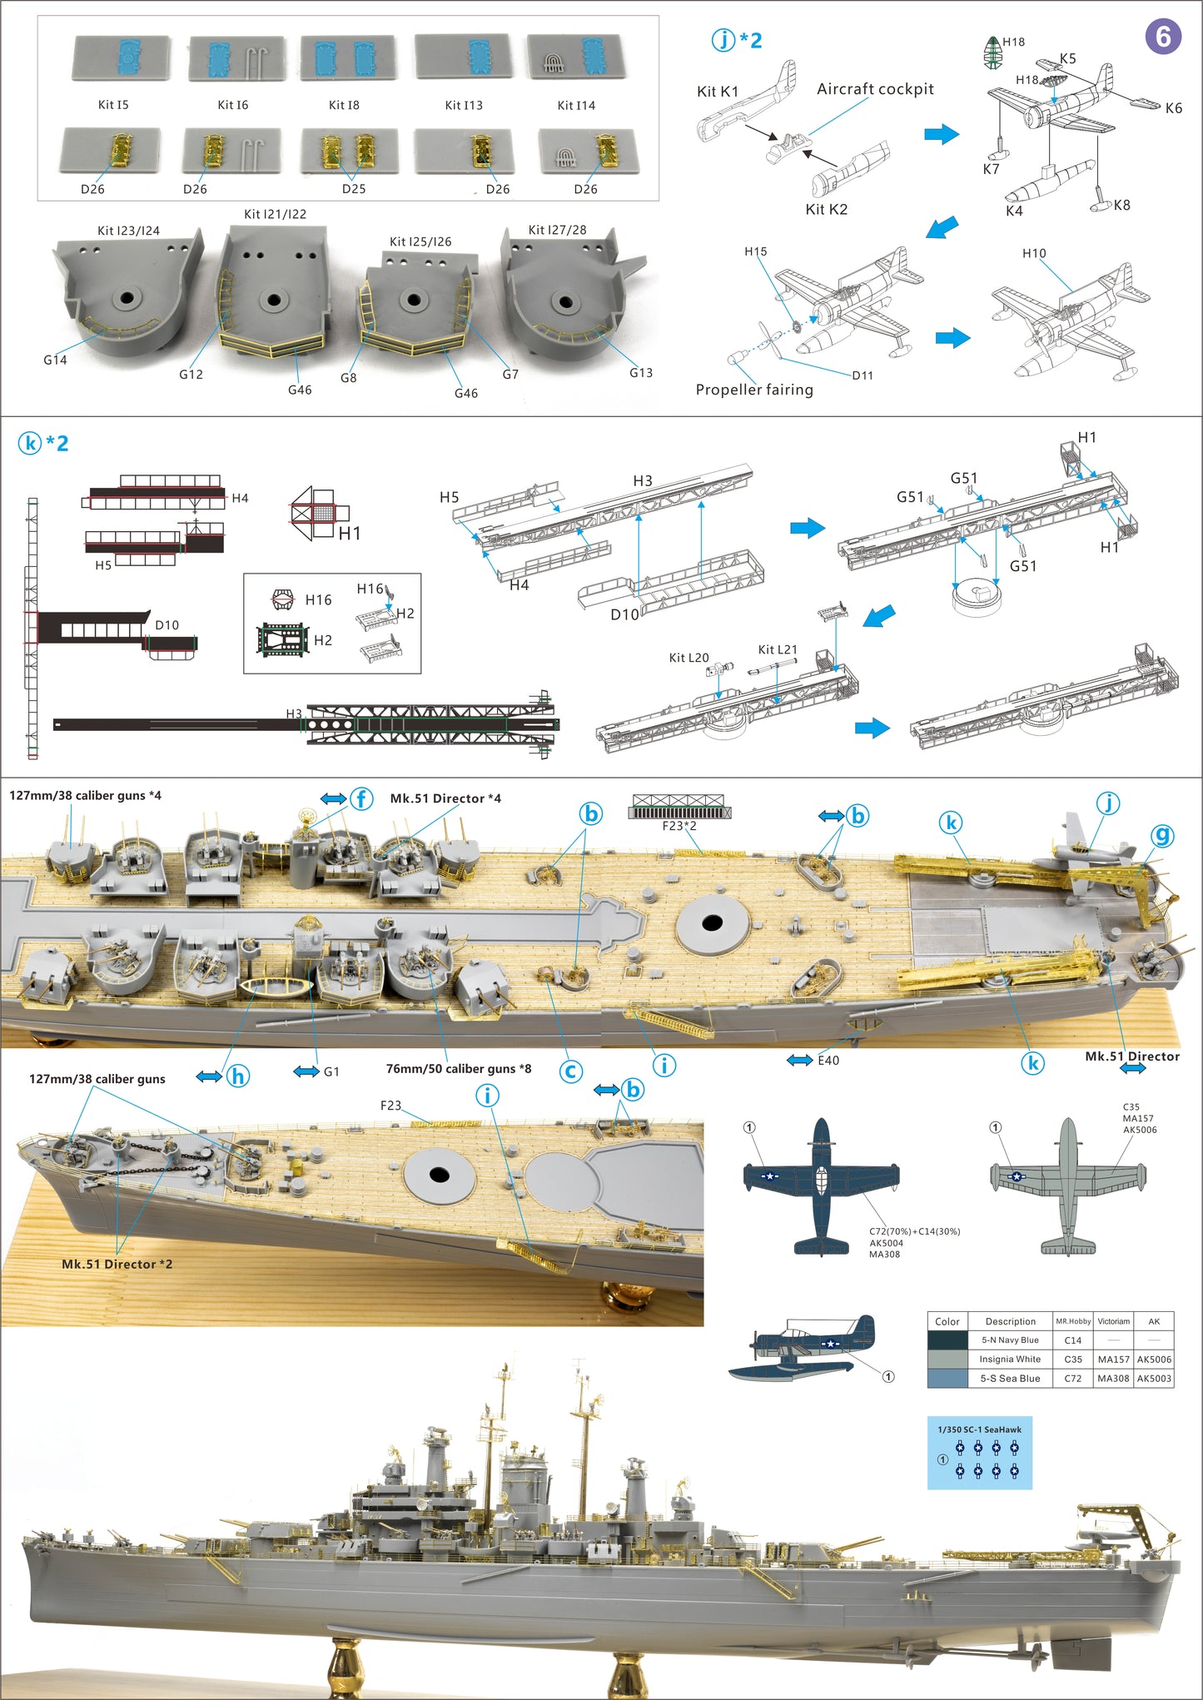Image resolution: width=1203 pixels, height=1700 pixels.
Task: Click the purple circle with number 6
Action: coord(1163,37)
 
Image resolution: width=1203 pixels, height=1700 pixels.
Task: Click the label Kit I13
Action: coord(464,105)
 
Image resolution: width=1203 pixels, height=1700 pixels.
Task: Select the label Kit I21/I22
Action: coord(275,214)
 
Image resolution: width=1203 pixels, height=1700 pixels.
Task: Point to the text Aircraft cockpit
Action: coord(875,89)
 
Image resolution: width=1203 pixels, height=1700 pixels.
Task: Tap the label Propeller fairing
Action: coord(754,390)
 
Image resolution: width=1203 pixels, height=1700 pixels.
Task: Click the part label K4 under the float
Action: coord(1014,211)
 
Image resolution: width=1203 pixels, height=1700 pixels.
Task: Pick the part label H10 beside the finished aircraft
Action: coord(1034,253)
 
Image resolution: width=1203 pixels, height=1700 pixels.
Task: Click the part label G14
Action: coord(55,360)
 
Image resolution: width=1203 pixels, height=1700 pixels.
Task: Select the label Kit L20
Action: coord(688,658)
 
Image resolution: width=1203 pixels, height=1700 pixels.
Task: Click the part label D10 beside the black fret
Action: coord(167,624)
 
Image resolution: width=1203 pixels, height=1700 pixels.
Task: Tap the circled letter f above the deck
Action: coord(361,799)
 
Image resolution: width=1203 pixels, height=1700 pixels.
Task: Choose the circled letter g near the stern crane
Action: coord(1162,835)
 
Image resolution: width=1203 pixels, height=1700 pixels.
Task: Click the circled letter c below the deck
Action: coord(570,1071)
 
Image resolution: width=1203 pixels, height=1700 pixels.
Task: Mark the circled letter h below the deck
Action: coord(238,1076)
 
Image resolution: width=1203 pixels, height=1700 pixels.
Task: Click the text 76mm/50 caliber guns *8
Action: coord(458,1068)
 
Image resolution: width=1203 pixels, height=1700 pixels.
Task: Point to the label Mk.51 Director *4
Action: coord(445,798)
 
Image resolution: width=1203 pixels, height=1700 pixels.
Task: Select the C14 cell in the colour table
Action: coord(1072,1340)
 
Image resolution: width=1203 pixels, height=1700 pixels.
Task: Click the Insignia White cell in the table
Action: coord(1010,1359)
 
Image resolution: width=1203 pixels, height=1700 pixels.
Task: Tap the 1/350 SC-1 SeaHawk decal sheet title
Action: coord(979,1429)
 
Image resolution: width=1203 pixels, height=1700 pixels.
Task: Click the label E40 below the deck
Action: coord(828,1060)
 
